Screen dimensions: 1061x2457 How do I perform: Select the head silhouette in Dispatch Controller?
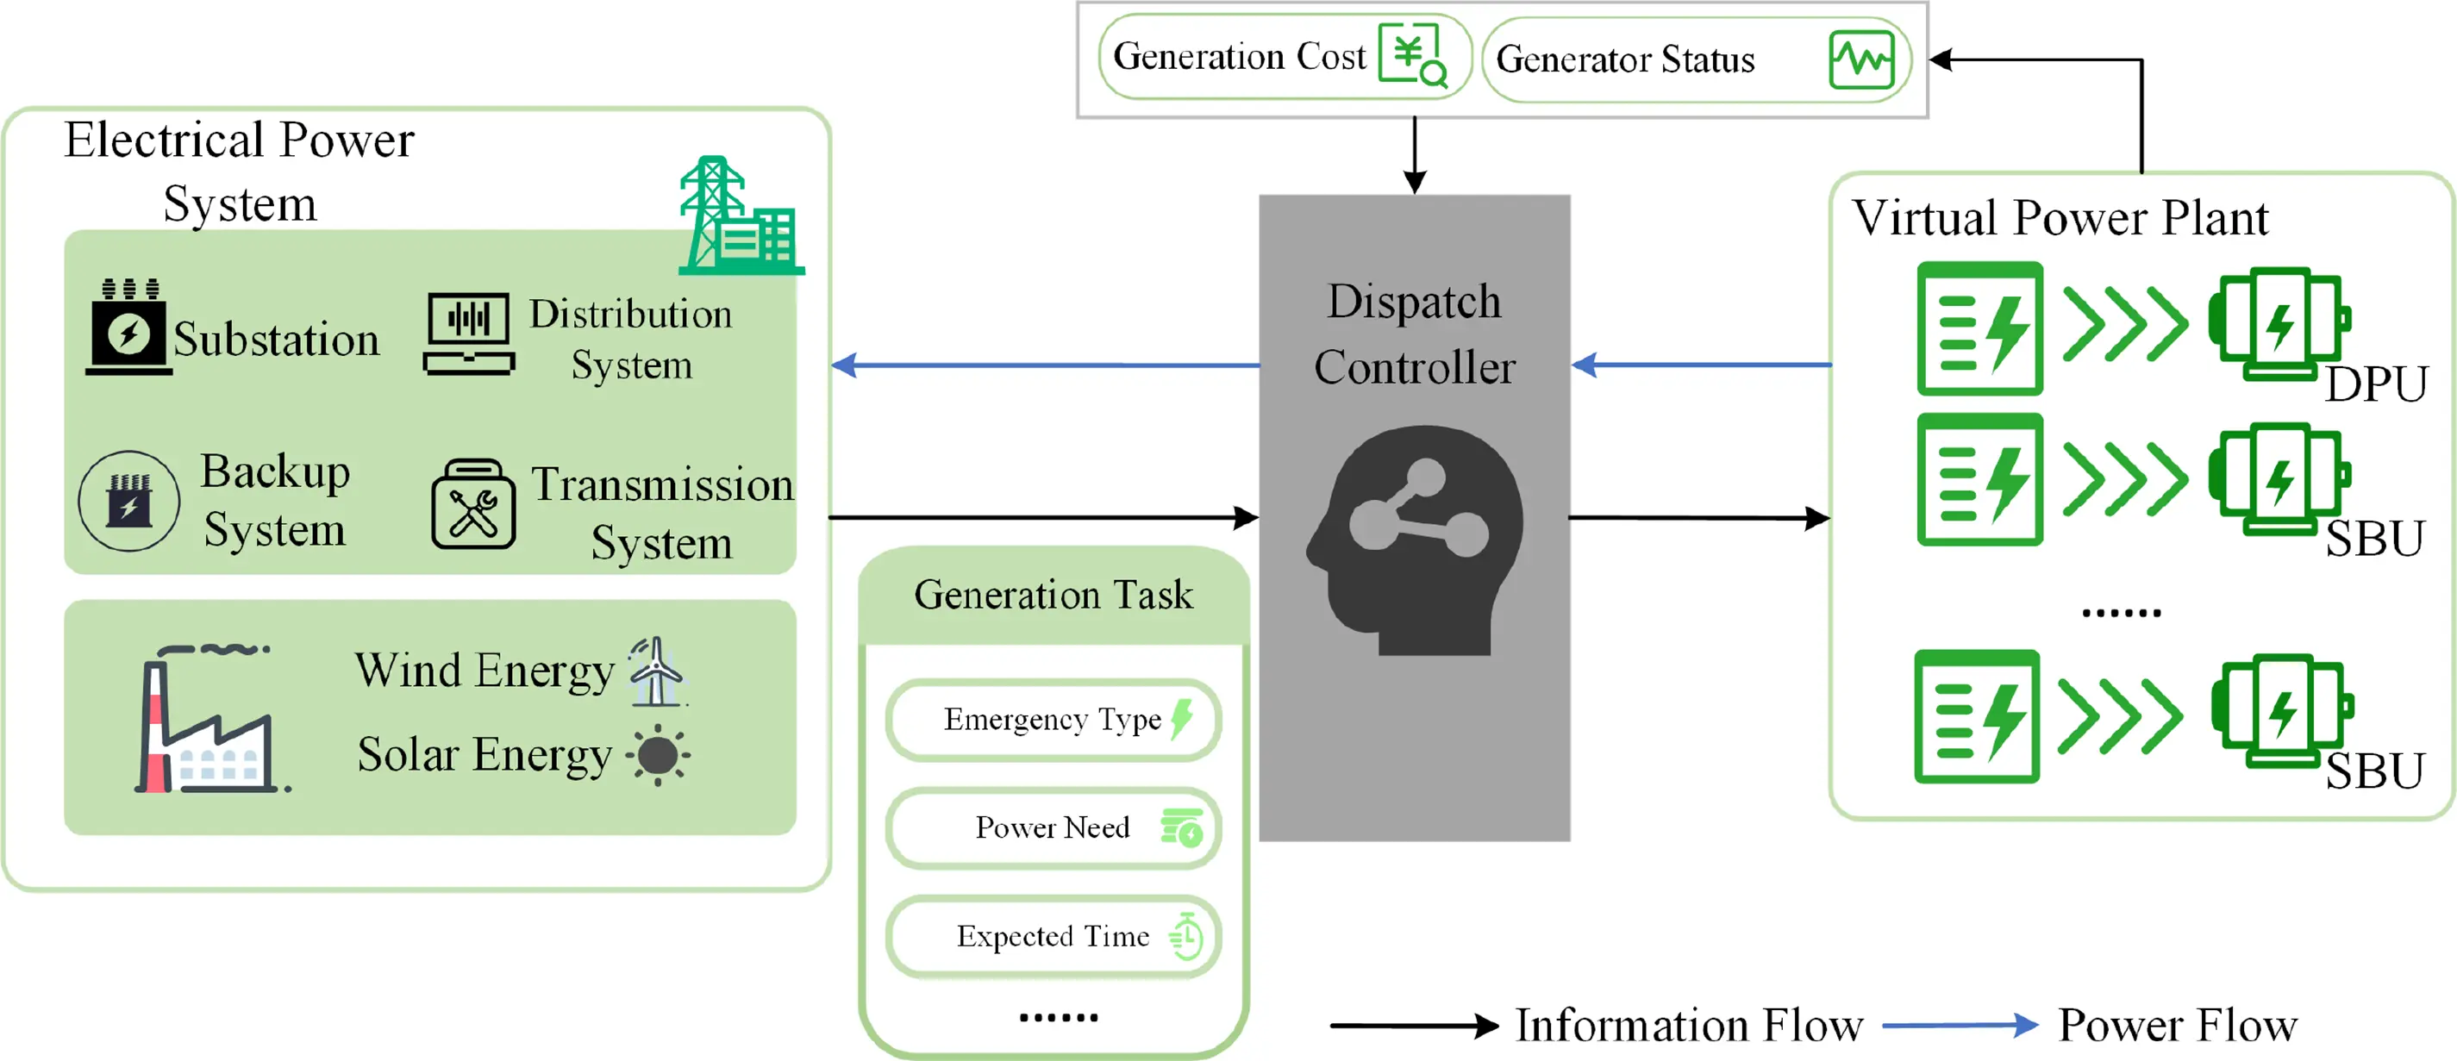(x=1416, y=540)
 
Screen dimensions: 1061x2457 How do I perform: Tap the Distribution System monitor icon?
(x=468, y=334)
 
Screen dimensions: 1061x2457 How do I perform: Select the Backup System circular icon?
(x=128, y=501)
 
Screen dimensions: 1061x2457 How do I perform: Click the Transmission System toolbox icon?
(x=473, y=504)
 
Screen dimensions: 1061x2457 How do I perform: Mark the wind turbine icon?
(x=655, y=672)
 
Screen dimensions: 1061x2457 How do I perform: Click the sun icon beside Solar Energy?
(x=657, y=755)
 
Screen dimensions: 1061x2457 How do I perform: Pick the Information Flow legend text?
(x=1688, y=1026)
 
